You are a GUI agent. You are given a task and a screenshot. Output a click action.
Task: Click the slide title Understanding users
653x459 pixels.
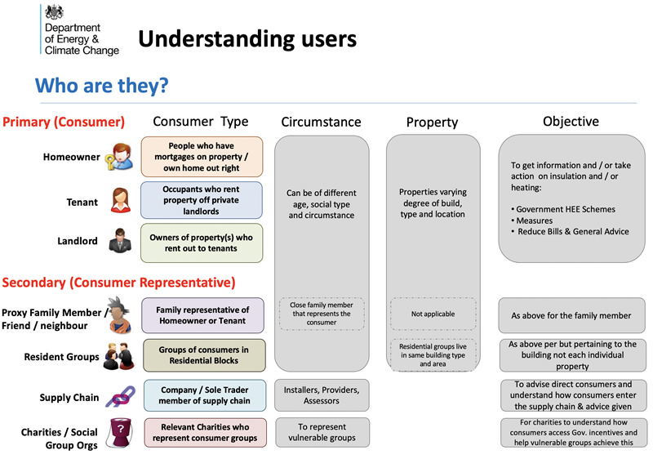pyautogui.click(x=247, y=38)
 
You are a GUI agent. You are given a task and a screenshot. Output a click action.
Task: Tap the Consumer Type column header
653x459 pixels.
pyautogui.click(x=200, y=122)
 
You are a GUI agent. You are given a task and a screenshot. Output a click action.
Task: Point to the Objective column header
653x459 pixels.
pyautogui.click(x=571, y=121)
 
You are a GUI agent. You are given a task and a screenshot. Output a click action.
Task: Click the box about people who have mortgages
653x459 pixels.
pyautogui.click(x=202, y=156)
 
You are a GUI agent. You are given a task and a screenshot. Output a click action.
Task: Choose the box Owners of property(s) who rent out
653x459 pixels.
pyautogui.click(x=202, y=243)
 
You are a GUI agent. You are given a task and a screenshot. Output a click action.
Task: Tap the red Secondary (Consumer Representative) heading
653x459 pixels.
pyautogui.click(x=119, y=283)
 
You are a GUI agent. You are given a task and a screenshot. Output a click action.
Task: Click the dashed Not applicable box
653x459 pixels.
pyautogui.click(x=433, y=314)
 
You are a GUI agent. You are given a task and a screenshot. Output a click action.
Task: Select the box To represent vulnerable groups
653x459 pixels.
pyautogui.click(x=321, y=432)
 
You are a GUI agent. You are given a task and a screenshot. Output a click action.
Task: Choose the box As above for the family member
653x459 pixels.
pyautogui.click(x=571, y=315)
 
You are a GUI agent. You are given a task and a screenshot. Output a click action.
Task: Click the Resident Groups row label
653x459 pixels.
pyautogui.click(x=61, y=357)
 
